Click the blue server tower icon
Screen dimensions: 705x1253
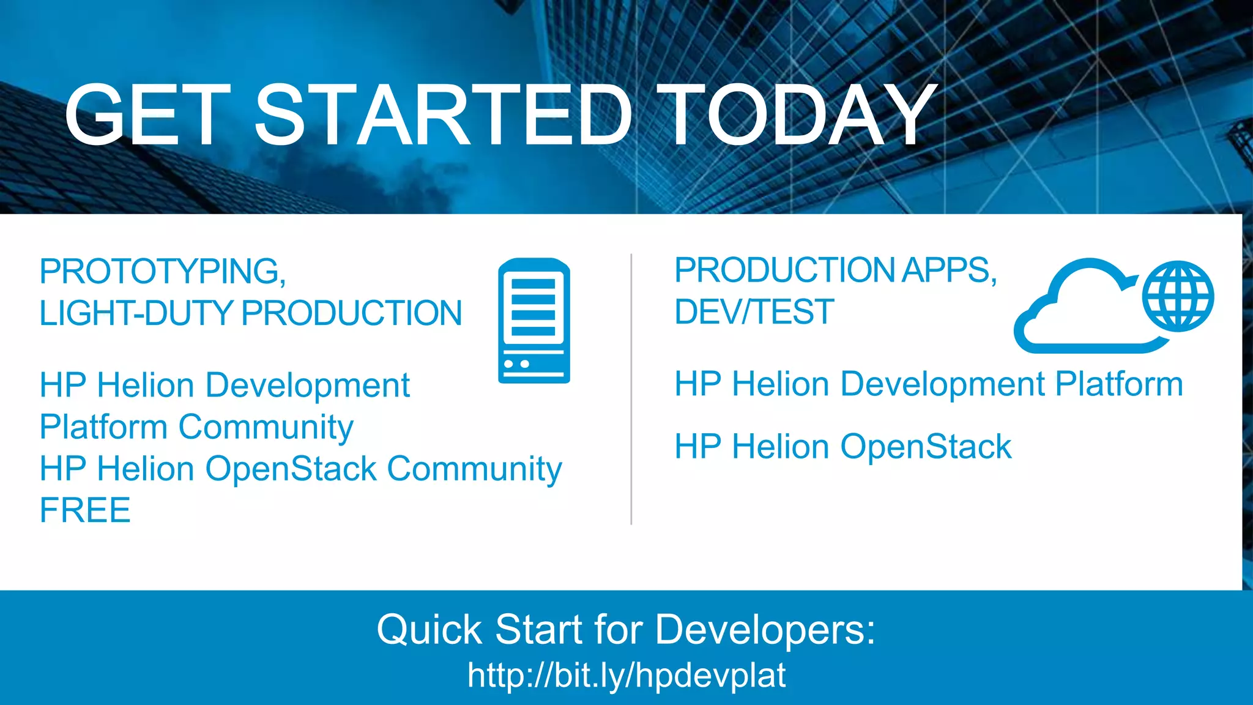tap(534, 320)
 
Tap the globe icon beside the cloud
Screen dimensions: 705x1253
tap(1178, 296)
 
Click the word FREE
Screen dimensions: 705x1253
tap(85, 510)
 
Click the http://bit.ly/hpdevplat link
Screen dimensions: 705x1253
tap(626, 675)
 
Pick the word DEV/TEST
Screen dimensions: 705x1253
tap(754, 311)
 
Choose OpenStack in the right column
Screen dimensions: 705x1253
tap(926, 446)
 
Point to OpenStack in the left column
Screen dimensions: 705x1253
tap(291, 468)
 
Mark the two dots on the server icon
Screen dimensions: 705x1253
tap(516, 364)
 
